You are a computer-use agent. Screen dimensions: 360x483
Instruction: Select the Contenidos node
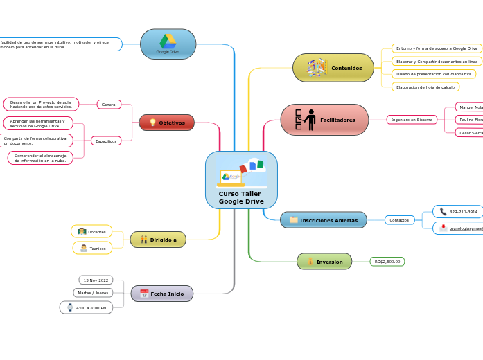[x=333, y=68]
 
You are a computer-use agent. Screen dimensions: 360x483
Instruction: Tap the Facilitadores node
[x=324, y=120]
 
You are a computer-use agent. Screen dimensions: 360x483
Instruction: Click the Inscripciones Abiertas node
[x=323, y=220]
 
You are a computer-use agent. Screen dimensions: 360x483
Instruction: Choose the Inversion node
[x=324, y=262]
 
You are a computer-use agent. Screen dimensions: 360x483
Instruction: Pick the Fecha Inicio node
[x=162, y=294]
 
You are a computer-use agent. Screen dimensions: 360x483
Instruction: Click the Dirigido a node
[x=158, y=240]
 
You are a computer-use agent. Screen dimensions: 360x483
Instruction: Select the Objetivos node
[x=166, y=123]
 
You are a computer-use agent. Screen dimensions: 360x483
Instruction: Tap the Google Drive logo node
[x=168, y=44]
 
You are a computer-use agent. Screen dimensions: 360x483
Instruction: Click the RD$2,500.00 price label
[x=387, y=262]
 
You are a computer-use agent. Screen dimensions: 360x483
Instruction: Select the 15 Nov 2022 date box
[x=96, y=280]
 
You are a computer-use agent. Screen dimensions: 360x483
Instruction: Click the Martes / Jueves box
[x=93, y=293]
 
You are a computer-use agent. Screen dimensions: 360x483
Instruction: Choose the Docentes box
[x=91, y=231]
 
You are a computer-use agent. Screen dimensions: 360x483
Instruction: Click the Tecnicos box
[x=92, y=248]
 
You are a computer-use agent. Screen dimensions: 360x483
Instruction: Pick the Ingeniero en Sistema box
[x=412, y=120]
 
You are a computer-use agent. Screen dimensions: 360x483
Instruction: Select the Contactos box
[x=399, y=220]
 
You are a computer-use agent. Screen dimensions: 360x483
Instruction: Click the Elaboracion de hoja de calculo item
[x=425, y=87]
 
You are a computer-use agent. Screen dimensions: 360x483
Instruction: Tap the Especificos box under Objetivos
[x=106, y=141]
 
